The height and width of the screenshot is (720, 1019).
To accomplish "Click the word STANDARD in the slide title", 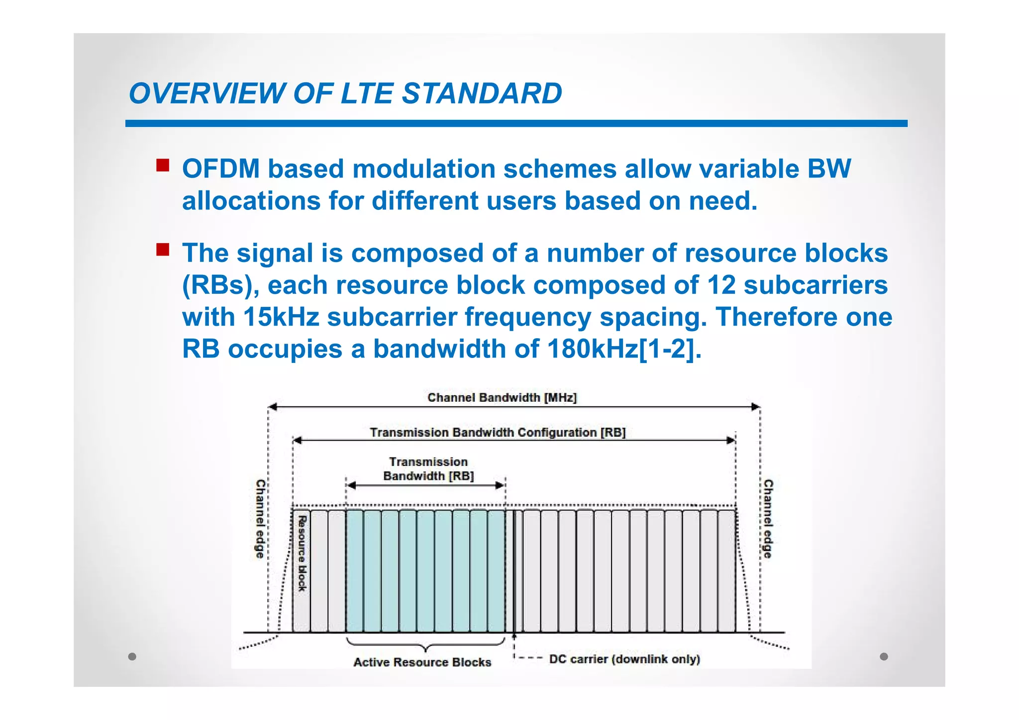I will (481, 93).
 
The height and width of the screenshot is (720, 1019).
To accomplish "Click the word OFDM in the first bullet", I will (221, 169).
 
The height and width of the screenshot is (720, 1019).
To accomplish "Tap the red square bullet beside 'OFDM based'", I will (163, 165).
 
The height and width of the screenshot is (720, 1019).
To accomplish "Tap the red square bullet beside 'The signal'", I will (163, 249).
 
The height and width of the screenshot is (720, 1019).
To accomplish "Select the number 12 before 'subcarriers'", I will (721, 285).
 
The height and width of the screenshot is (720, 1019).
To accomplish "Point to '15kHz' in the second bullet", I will (281, 317).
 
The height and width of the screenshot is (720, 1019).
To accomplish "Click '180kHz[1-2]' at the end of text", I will (624, 349).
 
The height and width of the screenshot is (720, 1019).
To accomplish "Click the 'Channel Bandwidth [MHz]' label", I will (502, 398).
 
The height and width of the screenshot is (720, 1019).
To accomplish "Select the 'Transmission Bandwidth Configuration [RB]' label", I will (498, 433).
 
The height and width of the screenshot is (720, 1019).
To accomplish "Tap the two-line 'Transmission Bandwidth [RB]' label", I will (428, 469).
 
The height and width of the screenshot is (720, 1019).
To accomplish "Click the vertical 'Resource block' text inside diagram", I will (302, 553).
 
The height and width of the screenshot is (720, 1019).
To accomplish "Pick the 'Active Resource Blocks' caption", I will (422, 662).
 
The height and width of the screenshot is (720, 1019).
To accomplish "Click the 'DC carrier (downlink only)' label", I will (624, 659).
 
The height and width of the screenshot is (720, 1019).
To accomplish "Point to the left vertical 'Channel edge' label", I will (260, 519).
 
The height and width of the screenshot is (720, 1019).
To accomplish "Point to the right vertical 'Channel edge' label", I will (768, 519).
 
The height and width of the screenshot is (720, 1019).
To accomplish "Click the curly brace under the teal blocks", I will (425, 645).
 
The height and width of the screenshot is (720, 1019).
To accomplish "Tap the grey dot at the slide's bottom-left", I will (132, 656).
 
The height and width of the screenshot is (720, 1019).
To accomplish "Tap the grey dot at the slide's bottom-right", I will (884, 656).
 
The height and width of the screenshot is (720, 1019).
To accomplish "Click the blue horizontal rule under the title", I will (516, 123).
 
